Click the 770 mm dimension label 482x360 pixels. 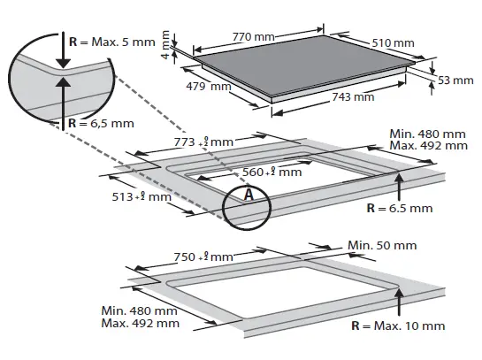coord(252,37)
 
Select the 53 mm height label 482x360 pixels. coord(456,80)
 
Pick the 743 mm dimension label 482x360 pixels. coord(352,97)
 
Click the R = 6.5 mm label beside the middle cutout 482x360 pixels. coord(400,208)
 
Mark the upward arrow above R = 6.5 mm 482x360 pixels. coord(400,186)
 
